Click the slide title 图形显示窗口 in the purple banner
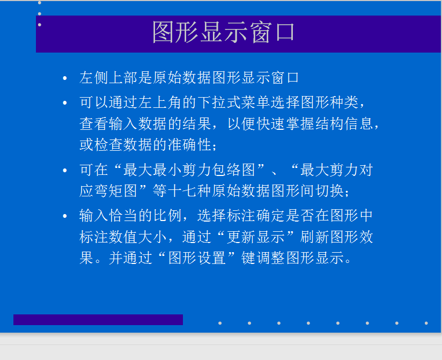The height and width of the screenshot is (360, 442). point(224,32)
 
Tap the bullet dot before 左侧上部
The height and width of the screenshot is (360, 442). point(65,78)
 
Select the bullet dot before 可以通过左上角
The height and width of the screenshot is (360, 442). point(65,102)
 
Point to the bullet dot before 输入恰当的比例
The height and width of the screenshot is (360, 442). point(65,216)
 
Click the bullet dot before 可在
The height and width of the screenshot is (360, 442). point(65,170)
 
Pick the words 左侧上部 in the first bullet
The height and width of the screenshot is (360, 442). point(108,77)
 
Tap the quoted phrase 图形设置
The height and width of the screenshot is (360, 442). point(197,258)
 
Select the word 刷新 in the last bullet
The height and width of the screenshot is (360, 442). point(314,237)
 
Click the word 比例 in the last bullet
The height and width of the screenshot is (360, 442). point(167,215)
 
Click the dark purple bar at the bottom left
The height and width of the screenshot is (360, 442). point(98,320)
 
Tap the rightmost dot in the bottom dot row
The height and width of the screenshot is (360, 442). point(426,323)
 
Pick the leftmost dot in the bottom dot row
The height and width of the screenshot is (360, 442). point(220,323)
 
